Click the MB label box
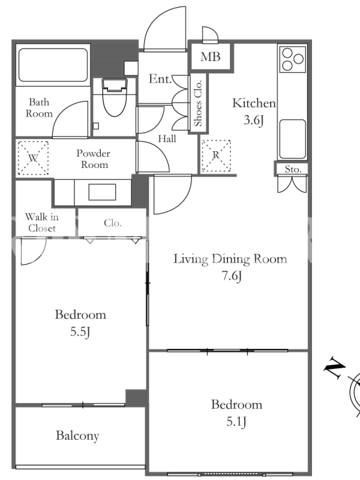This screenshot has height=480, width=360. (x=211, y=56)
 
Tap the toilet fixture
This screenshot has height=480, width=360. (x=115, y=97)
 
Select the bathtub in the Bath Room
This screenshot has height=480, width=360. (x=53, y=65)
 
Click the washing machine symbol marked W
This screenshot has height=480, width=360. (x=33, y=158)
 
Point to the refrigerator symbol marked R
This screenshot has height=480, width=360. (x=216, y=155)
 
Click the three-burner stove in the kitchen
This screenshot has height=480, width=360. (x=293, y=59)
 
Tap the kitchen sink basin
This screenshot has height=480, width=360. (x=292, y=139)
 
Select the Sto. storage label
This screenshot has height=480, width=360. (x=293, y=169)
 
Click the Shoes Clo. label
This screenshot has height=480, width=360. (x=199, y=103)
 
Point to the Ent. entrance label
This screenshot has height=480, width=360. (x=160, y=79)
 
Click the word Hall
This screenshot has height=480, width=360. (x=167, y=139)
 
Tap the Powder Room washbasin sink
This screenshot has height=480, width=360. (x=102, y=192)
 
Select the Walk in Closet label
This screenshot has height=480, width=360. (x=41, y=223)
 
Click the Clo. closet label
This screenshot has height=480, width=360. (x=113, y=223)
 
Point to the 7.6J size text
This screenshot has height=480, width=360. (x=232, y=276)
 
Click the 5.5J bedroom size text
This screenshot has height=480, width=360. (x=80, y=332)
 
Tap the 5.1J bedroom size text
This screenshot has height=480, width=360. (x=236, y=422)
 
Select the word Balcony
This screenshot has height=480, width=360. (x=78, y=436)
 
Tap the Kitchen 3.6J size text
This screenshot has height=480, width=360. (x=254, y=120)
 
